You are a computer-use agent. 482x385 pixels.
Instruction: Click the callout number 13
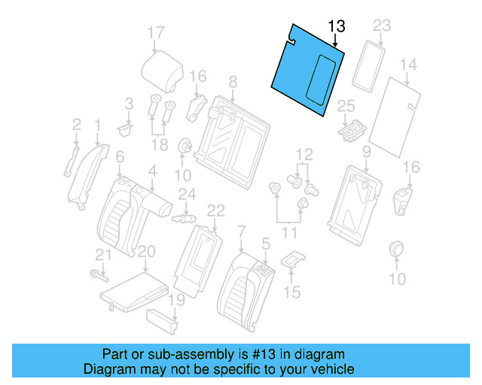point(336,26)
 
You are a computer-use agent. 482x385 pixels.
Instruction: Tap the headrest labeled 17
point(163,69)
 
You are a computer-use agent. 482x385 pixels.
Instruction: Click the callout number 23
point(382,26)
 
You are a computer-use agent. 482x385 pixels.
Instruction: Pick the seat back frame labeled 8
point(230,135)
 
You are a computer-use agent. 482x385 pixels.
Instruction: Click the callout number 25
point(345,107)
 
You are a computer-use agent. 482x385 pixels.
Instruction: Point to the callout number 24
point(186,194)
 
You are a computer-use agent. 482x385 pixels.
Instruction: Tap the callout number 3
point(129,103)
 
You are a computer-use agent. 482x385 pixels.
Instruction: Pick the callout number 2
point(76,123)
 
